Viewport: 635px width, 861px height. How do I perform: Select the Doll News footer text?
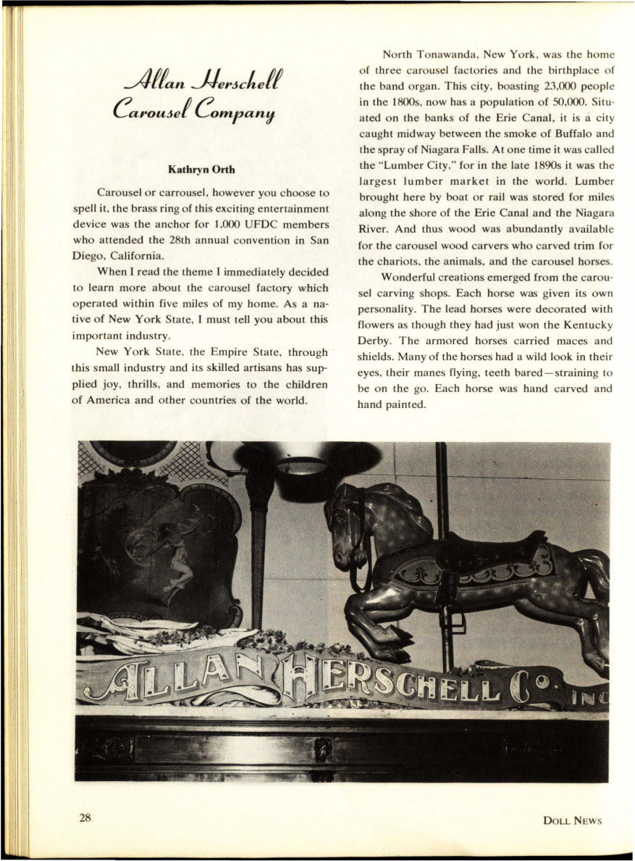(x=572, y=820)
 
